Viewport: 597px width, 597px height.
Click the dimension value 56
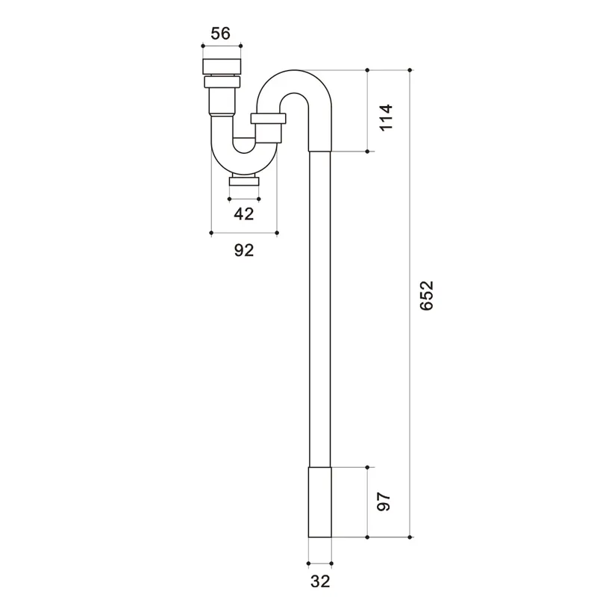[221, 34]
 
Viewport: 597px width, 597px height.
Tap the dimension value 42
[244, 214]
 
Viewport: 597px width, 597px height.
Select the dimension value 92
[244, 250]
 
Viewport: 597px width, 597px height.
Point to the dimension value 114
[386, 117]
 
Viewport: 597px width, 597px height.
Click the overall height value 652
[427, 296]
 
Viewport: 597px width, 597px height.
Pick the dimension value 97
[384, 501]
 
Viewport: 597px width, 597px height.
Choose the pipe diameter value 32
[320, 581]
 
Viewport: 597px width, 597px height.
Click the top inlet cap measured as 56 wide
[222, 66]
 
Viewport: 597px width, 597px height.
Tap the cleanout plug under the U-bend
[244, 181]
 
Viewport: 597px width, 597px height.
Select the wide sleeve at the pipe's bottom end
[320, 502]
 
